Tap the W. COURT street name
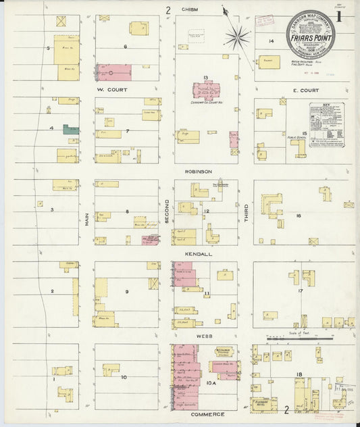108,89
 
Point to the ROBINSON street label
201,172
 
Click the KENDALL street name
201,254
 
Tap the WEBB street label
201,336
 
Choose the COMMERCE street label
201,414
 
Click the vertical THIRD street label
247,214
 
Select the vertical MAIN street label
87,219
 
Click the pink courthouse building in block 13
207,91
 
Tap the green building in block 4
70,128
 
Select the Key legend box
326,120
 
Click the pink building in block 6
113,72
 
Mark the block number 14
271,42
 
